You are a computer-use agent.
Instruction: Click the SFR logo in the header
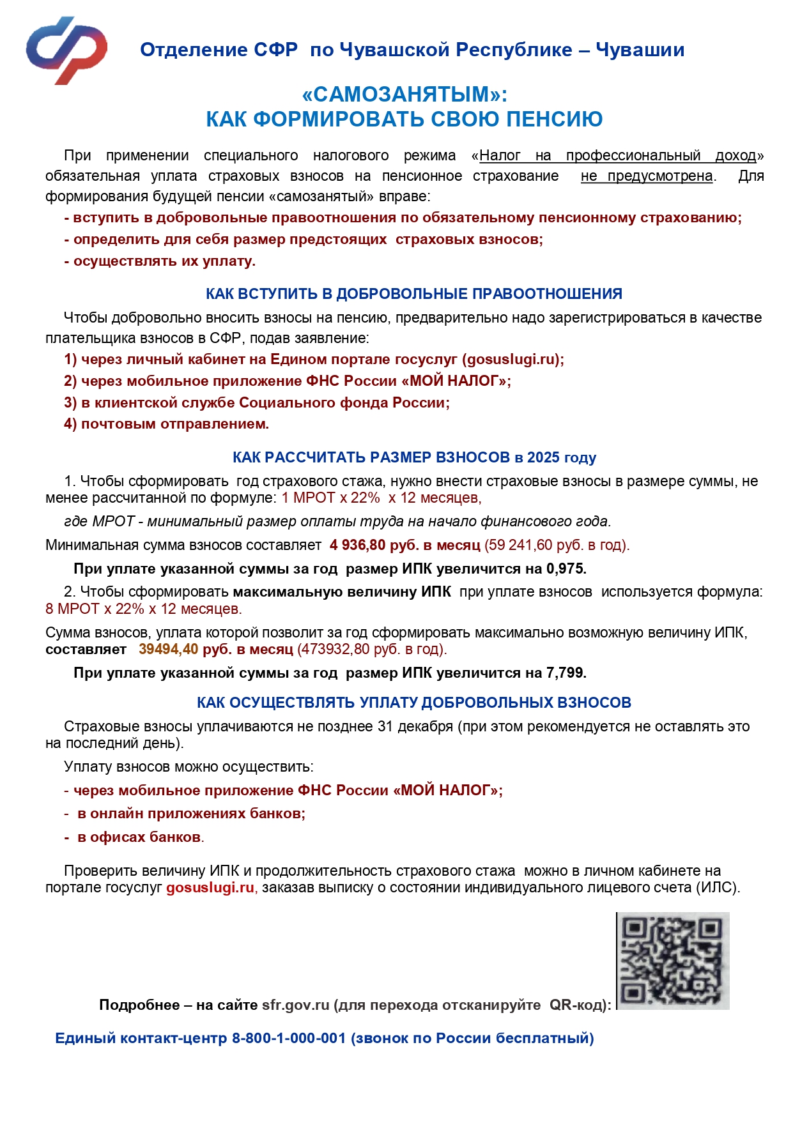(66, 50)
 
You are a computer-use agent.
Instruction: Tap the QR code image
(673, 961)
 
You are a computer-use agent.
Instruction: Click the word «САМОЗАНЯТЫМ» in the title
(404, 95)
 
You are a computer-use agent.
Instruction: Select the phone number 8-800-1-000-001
(289, 1038)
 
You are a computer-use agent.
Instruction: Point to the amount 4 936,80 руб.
(374, 545)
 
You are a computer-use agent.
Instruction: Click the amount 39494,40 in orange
(168, 649)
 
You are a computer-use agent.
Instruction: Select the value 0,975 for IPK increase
(566, 568)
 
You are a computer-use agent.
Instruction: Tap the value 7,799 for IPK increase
(566, 673)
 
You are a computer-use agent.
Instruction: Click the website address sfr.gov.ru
(295, 1005)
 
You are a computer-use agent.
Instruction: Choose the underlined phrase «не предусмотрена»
(647, 176)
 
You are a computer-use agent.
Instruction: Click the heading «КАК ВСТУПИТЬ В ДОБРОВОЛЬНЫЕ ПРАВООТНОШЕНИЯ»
(413, 294)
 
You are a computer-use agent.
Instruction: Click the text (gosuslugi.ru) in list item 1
(512, 359)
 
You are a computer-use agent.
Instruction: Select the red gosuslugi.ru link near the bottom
(210, 887)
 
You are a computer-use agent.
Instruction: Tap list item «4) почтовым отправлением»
(166, 423)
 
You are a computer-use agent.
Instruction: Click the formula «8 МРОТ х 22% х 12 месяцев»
(143, 609)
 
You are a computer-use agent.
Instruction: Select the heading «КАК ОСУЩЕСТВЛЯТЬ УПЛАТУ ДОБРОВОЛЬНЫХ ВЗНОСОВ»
(413, 703)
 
